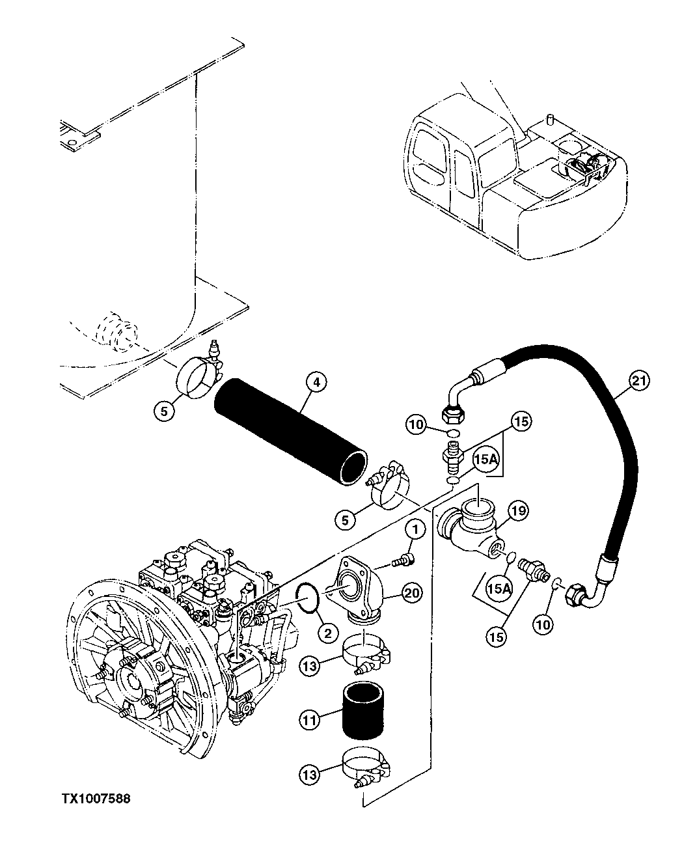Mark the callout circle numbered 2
(327, 631)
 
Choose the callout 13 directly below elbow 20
(310, 665)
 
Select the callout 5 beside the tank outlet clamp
(164, 411)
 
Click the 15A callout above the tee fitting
(484, 460)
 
